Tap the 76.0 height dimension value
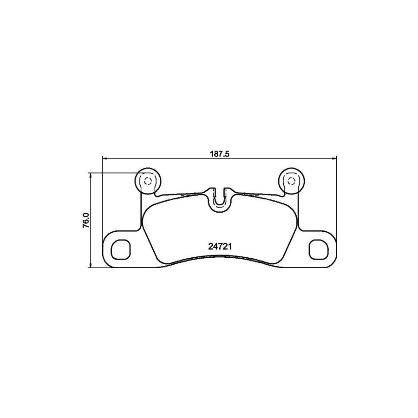pos(85,220)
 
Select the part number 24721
pos(219,247)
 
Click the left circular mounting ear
pos(147,180)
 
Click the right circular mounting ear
pos(291,180)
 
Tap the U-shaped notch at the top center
pos(220,198)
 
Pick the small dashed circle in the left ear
pos(147,181)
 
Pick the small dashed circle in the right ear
pos(291,181)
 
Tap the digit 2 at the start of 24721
pos(209,247)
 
